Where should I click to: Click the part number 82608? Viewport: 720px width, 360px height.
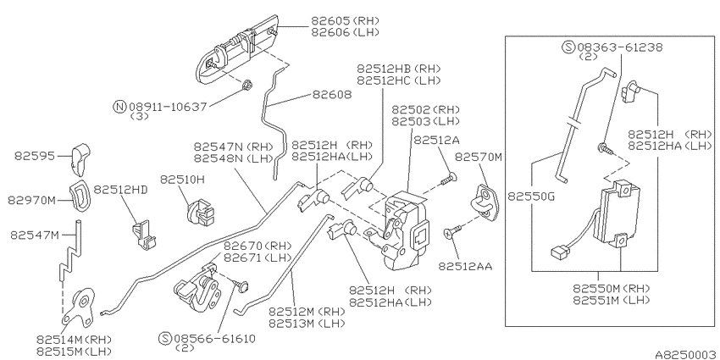click(x=332, y=95)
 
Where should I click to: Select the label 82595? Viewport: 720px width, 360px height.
click(x=35, y=156)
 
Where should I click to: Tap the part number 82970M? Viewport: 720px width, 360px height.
click(x=31, y=201)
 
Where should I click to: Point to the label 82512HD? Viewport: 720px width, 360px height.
click(x=121, y=190)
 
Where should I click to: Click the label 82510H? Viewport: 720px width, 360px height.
click(x=182, y=179)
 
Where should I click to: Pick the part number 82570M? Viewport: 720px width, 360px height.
click(x=479, y=157)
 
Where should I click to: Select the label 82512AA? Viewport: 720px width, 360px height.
click(x=465, y=266)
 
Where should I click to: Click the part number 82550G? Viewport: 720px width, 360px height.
click(x=531, y=197)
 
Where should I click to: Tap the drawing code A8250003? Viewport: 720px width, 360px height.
click(x=687, y=354)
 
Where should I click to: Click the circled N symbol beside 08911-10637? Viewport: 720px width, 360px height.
click(x=119, y=107)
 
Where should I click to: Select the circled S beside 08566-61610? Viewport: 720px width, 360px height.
click(x=165, y=339)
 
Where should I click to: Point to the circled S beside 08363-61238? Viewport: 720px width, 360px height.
click(x=569, y=47)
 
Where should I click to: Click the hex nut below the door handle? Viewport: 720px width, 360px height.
click(x=246, y=84)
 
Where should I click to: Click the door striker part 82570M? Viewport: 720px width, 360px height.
click(x=484, y=202)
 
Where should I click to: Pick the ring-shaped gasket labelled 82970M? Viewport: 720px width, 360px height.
click(x=80, y=197)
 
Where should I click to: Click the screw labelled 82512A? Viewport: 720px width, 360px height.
click(x=446, y=179)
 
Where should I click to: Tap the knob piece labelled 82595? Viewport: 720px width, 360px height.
click(x=80, y=159)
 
